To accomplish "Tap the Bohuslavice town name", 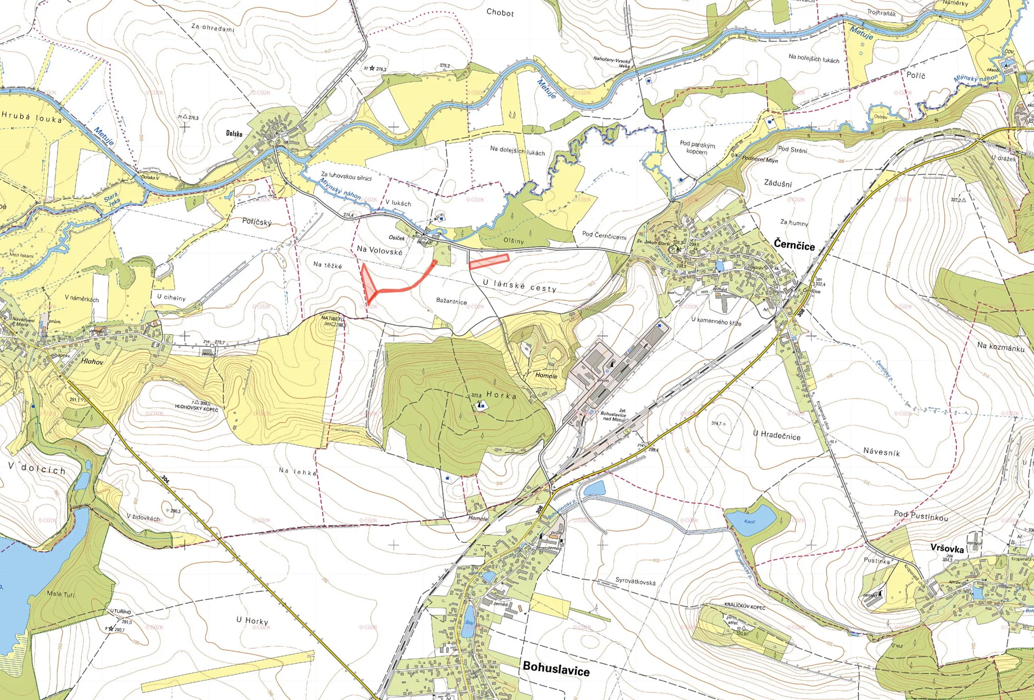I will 556,668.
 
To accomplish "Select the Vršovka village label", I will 947,548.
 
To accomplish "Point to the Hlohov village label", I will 92,362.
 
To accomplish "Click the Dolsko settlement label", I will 234,134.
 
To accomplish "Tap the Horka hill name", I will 501,395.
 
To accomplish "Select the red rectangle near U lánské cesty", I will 489,261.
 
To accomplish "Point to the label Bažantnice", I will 451,301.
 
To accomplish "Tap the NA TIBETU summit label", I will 333,318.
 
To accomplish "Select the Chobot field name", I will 500,13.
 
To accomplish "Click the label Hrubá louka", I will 32,117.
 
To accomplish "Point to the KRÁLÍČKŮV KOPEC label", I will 744,607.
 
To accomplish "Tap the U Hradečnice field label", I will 776,435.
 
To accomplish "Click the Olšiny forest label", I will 513,241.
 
